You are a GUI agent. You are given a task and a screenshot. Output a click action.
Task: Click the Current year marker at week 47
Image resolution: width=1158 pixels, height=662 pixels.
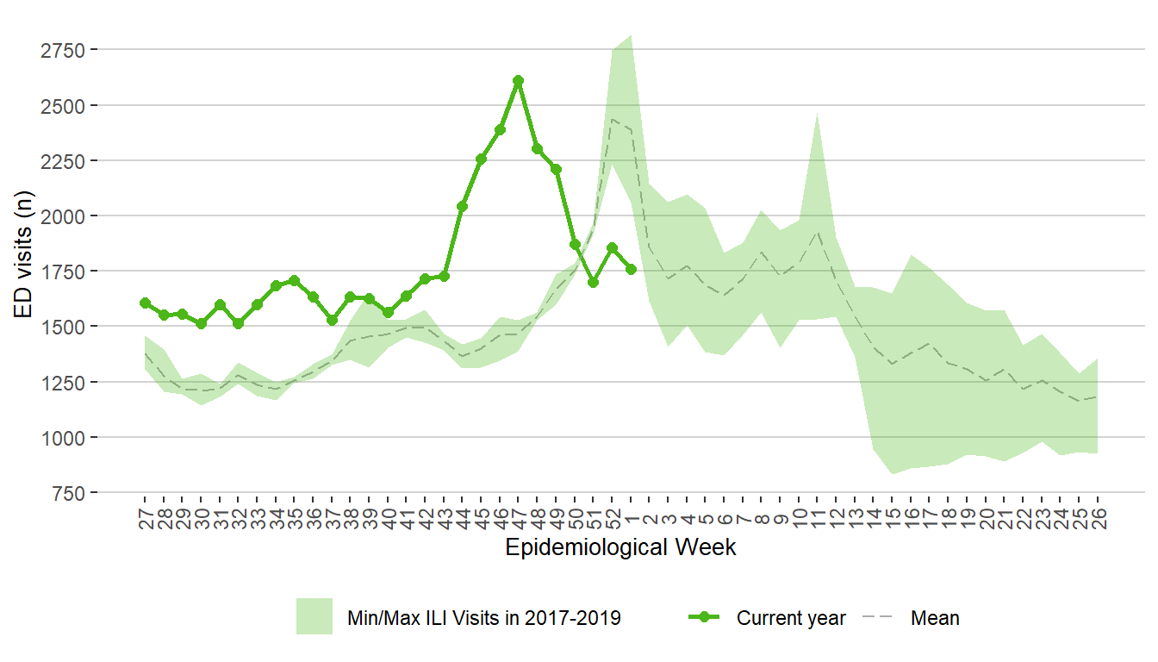pyautogui.click(x=518, y=80)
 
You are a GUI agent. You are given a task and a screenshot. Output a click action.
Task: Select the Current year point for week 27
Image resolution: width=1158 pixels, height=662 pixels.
pyautogui.click(x=145, y=303)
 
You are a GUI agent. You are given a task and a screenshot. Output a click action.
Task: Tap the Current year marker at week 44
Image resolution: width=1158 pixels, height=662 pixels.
pyautogui.click(x=462, y=206)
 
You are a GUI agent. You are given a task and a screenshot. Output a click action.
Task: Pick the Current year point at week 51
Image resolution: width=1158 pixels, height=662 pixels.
pyautogui.click(x=593, y=282)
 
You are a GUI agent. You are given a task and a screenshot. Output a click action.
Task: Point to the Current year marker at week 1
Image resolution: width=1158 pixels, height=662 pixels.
pyautogui.click(x=631, y=269)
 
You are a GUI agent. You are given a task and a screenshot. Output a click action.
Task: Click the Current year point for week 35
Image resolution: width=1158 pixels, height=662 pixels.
pyautogui.click(x=294, y=280)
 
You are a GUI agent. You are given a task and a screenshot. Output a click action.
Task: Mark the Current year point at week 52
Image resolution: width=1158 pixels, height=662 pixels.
pyautogui.click(x=612, y=247)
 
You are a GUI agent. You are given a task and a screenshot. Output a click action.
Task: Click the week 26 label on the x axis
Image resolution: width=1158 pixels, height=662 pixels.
pyautogui.click(x=1099, y=518)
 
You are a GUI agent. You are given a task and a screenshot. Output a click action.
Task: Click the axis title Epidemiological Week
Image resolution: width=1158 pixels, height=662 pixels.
pyautogui.click(x=620, y=547)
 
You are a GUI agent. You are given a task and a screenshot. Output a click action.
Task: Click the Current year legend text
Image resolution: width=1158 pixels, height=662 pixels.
pyautogui.click(x=791, y=618)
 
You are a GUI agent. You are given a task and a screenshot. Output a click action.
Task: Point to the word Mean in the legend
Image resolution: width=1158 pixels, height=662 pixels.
pyautogui.click(x=935, y=618)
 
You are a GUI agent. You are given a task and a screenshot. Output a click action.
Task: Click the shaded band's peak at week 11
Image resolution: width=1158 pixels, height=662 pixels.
pyautogui.click(x=817, y=113)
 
